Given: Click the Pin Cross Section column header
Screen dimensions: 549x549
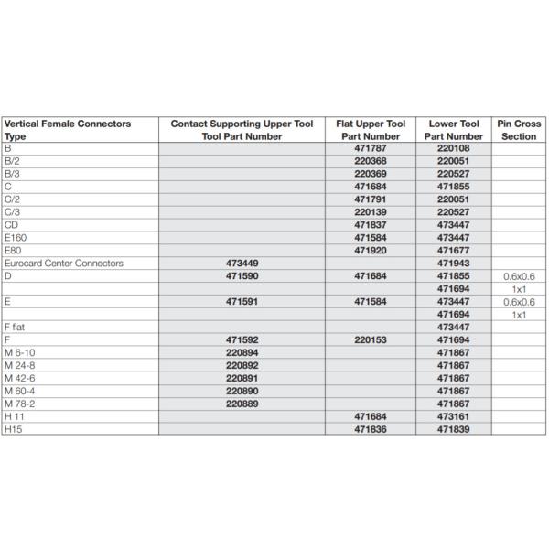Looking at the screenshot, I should (520, 129).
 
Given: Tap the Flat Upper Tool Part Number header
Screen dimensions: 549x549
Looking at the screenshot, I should (378, 129).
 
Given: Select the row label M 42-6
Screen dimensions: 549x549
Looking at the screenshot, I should (22, 378).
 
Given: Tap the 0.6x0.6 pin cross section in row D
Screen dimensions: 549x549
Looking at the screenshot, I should (519, 275).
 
